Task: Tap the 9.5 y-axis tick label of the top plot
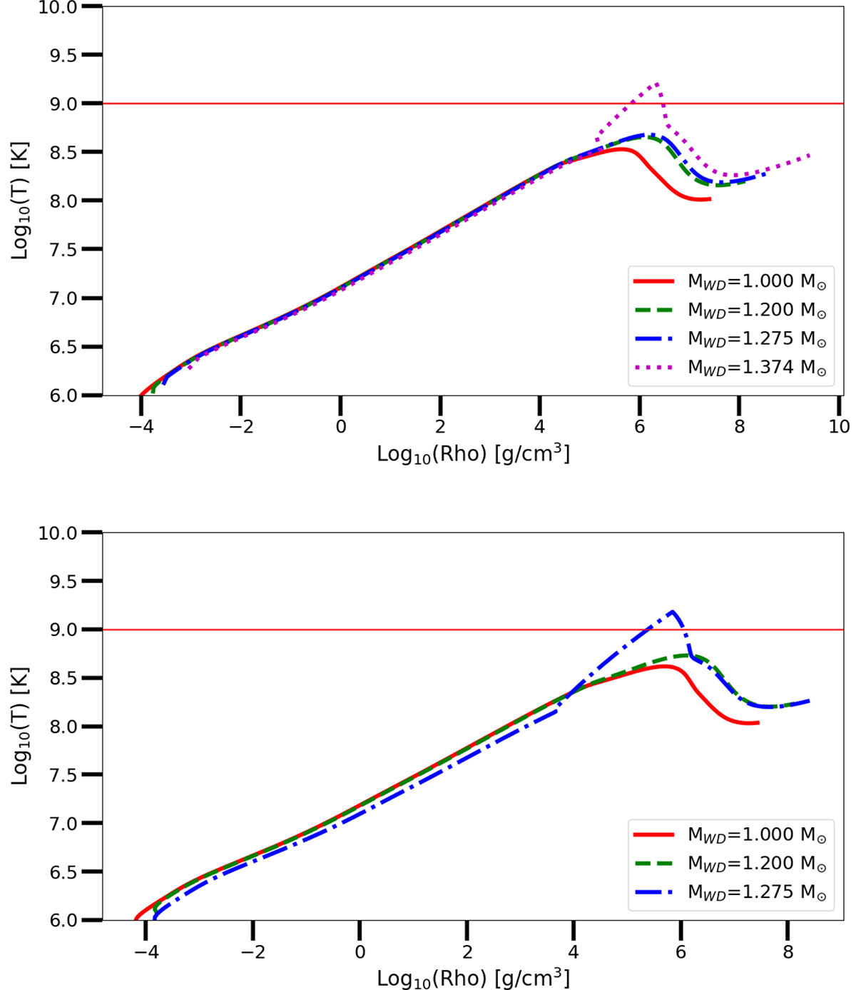[63, 56]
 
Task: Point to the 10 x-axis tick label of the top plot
[839, 426]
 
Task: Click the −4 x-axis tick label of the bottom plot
[146, 951]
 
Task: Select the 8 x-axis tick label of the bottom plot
[788, 951]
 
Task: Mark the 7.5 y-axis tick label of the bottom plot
[63, 775]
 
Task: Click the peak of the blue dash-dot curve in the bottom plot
[673, 612]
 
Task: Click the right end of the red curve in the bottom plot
[758, 723]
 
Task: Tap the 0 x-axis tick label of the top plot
[340, 426]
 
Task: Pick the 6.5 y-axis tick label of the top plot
[63, 347]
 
